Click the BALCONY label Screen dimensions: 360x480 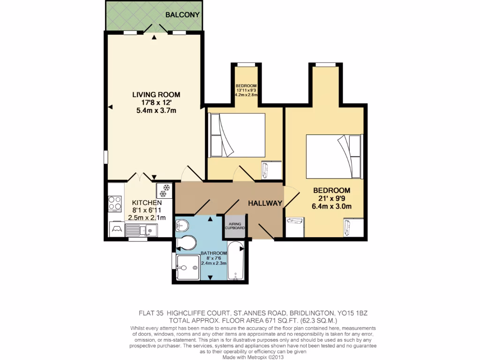click(183, 15)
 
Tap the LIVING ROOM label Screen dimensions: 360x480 click(156, 95)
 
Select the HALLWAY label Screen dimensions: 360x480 click(265, 203)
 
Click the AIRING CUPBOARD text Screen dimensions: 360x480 click(235, 225)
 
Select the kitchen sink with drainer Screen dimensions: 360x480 click(141, 230)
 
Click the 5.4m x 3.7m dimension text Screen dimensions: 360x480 click(156, 111)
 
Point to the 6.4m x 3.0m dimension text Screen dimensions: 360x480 click(332, 206)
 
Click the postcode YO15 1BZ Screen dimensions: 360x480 click(355, 313)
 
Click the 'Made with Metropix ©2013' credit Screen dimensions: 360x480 click(253, 357)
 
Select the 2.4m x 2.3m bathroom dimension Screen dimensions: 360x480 click(214, 263)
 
